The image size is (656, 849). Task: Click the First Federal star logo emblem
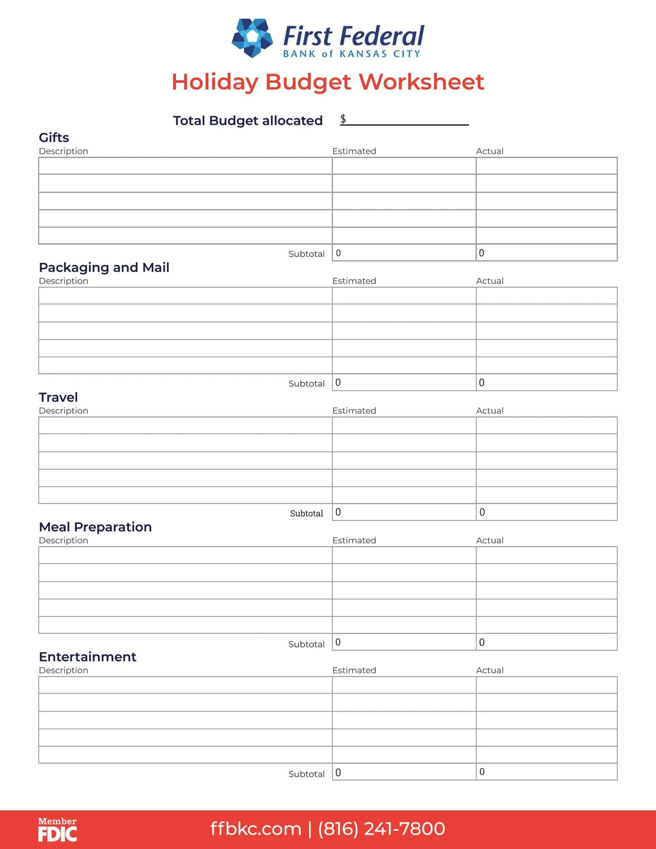tap(252, 38)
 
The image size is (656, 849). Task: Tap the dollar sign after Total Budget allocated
tap(343, 119)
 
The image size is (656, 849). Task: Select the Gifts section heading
tap(54, 138)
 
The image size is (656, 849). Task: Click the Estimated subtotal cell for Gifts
tap(404, 253)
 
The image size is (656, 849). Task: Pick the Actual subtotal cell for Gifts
tap(546, 253)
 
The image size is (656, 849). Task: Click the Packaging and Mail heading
tap(104, 267)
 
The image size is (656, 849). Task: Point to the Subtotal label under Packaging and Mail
tap(306, 384)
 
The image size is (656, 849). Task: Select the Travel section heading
tap(58, 397)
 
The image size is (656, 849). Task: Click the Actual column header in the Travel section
tap(490, 411)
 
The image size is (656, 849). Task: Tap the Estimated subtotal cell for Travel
tap(404, 512)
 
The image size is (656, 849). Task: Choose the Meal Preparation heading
tap(95, 527)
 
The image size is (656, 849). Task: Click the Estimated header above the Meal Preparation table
tap(354, 541)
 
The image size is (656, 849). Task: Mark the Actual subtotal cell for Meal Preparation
tap(546, 643)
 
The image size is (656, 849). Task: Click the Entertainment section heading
tap(88, 657)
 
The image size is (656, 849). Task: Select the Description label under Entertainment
tap(63, 671)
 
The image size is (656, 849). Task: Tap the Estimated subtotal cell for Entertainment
tap(404, 773)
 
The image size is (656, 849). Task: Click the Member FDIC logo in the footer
tap(57, 829)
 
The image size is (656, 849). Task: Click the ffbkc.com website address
tap(256, 829)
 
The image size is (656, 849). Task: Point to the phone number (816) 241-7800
tap(382, 829)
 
